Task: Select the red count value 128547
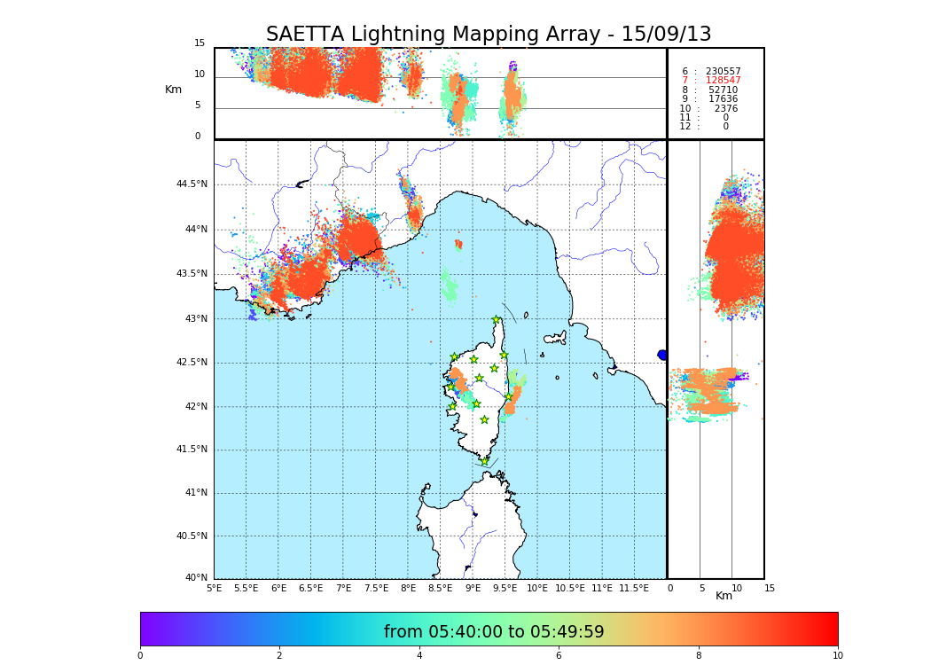[723, 81]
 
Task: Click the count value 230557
[723, 72]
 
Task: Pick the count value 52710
[723, 90]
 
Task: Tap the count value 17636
[723, 99]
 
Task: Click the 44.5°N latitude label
[192, 184]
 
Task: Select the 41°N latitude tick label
[194, 493]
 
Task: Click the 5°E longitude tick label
[215, 588]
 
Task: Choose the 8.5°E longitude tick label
[441, 588]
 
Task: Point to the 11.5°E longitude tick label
[635, 588]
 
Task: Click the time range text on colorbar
[494, 632]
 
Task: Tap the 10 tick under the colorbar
[837, 656]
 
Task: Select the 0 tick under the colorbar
[140, 656]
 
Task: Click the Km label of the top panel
[173, 90]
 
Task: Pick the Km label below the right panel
[724, 596]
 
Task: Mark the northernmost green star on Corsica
[497, 319]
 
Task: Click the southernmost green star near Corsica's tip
[484, 461]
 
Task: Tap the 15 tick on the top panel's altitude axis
[199, 43]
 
